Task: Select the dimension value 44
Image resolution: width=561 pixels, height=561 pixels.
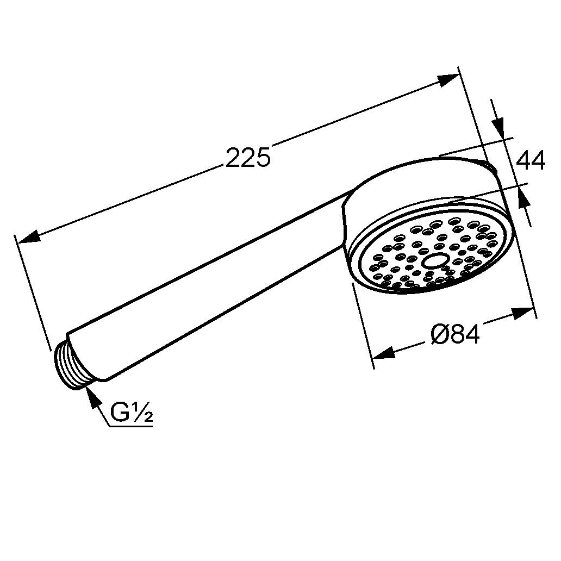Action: click(530, 161)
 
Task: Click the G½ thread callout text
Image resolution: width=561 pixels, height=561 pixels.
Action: click(131, 413)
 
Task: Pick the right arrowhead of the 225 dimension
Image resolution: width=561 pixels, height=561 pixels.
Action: click(448, 80)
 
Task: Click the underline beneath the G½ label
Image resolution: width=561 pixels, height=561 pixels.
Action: click(130, 426)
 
